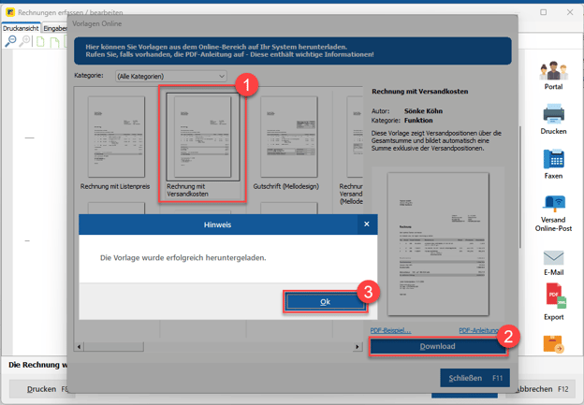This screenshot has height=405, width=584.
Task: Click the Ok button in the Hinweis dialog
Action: click(x=325, y=301)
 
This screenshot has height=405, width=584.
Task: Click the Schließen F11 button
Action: click(x=468, y=378)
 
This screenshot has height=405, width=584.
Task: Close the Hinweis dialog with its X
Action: click(x=366, y=224)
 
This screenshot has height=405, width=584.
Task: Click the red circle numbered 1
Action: click(x=245, y=84)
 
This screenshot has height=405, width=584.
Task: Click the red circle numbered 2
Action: click(x=507, y=338)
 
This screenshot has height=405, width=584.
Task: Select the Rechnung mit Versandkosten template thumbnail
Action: click(x=203, y=137)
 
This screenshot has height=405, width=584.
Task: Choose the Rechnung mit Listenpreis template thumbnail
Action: click(x=115, y=137)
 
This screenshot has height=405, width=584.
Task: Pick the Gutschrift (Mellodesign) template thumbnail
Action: click(x=289, y=137)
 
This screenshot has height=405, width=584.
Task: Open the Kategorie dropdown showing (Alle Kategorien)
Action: click(x=170, y=76)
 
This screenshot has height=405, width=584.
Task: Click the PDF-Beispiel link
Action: click(x=390, y=330)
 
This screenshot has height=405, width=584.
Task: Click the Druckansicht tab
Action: click(x=21, y=28)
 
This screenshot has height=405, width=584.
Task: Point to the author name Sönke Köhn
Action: click(x=424, y=110)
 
